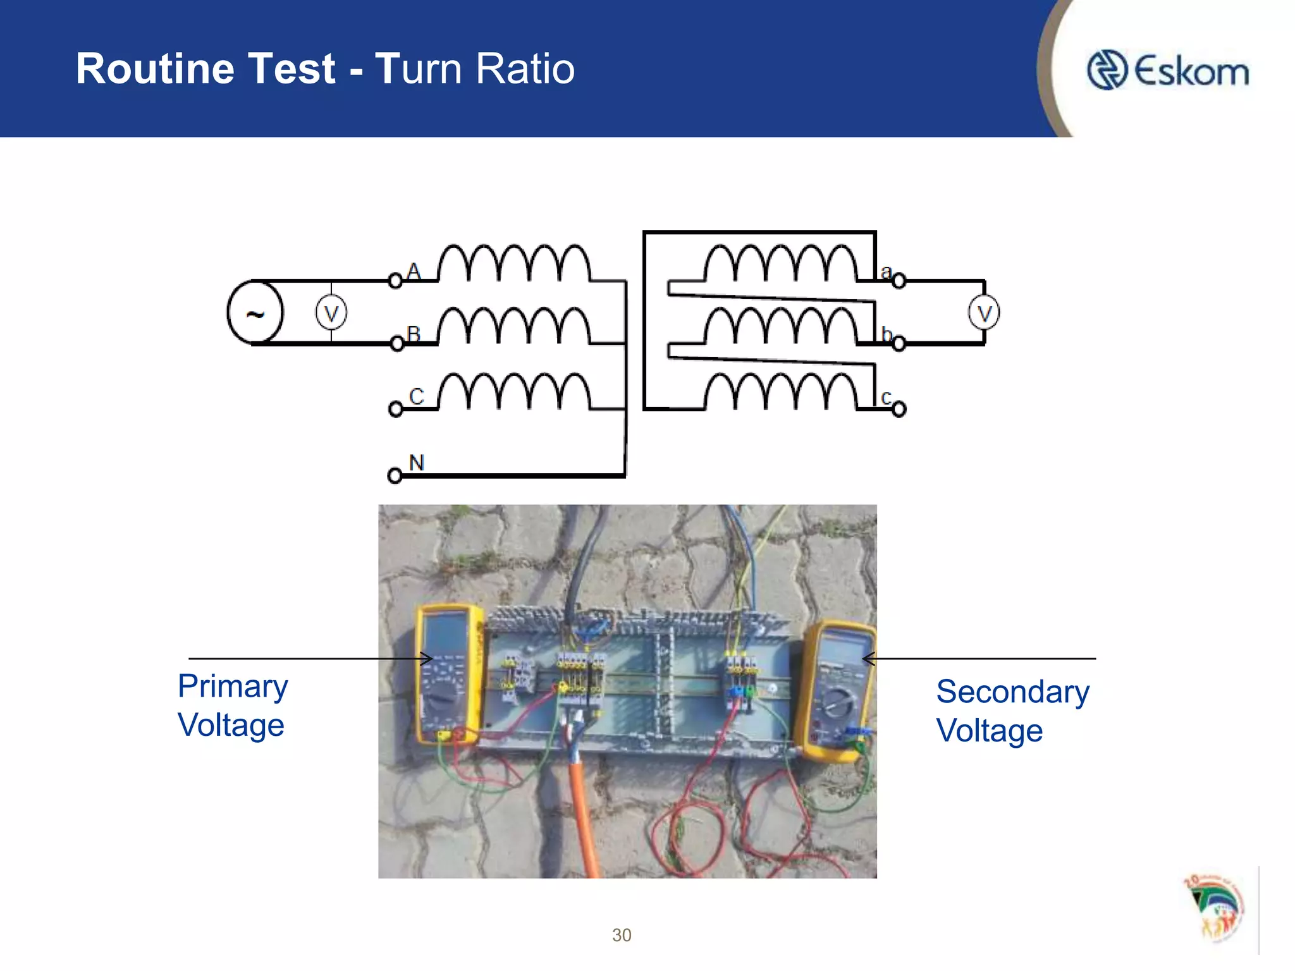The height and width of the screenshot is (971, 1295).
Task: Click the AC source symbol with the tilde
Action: pos(255,313)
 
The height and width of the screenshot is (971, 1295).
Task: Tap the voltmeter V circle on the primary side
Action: pos(331,313)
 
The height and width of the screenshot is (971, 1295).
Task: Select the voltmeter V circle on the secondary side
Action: pos(983,313)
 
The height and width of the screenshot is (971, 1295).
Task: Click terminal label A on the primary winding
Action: pos(414,271)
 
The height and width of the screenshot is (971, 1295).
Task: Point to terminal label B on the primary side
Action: pos(414,333)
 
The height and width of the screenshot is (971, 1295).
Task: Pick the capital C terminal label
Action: pos(416,396)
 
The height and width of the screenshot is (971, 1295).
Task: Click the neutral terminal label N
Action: pos(416,462)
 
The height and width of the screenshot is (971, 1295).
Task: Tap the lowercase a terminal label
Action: pos(886,272)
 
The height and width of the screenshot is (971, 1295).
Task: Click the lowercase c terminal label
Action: pos(886,398)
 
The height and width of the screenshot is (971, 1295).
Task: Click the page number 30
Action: pos(622,935)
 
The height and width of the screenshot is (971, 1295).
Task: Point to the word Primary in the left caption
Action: pos(233,687)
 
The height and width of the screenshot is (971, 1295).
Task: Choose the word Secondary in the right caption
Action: pos(1012,692)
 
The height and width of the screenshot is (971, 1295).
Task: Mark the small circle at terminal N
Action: pos(395,475)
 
